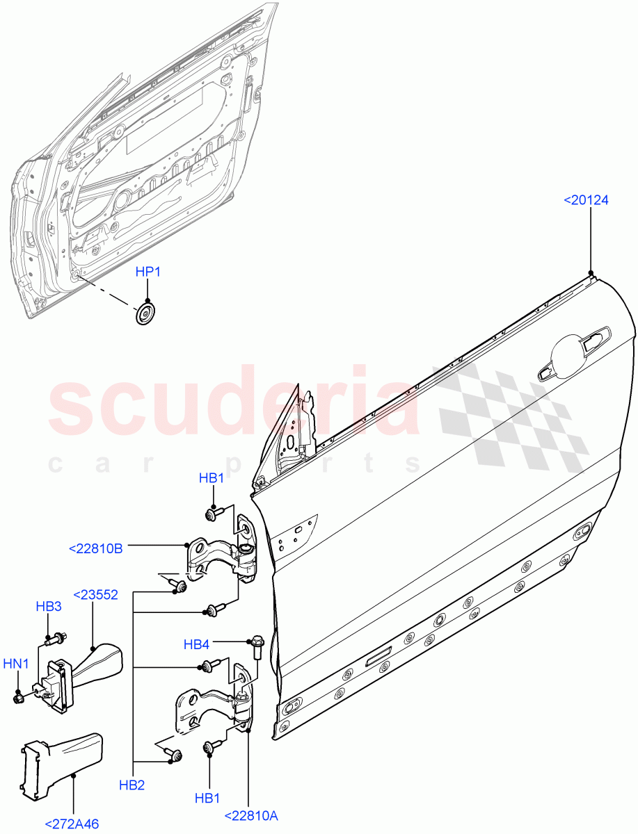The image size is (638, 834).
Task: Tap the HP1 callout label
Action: (147, 272)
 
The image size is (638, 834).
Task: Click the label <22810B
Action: (96, 548)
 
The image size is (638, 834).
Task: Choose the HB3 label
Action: (49, 606)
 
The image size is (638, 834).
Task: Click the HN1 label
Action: (15, 664)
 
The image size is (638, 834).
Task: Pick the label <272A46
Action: (72, 824)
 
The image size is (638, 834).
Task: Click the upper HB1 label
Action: (212, 478)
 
